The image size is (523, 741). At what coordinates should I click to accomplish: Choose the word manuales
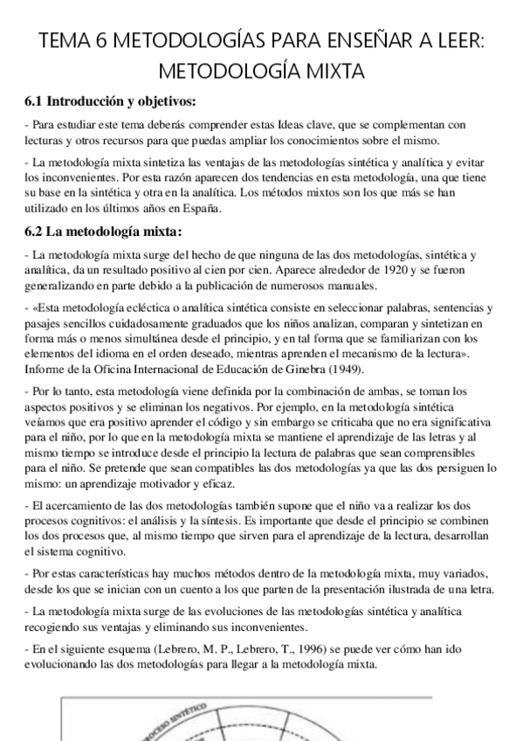327,285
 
